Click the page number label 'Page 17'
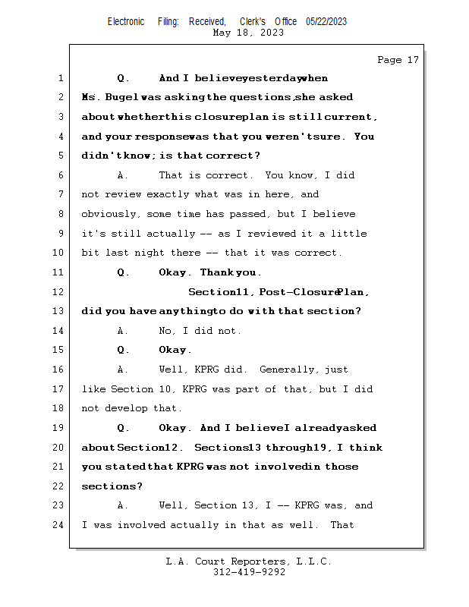click(x=398, y=60)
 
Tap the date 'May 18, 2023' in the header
click(x=248, y=33)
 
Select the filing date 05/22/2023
click(x=326, y=21)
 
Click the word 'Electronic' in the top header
click(x=126, y=21)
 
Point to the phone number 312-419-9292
click(x=249, y=572)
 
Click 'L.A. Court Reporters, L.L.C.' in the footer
click(x=249, y=561)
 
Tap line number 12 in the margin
click(x=59, y=291)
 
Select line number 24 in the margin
click(x=59, y=524)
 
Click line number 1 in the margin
click(x=59, y=78)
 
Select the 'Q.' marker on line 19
click(x=123, y=428)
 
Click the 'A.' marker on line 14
click(x=123, y=331)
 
